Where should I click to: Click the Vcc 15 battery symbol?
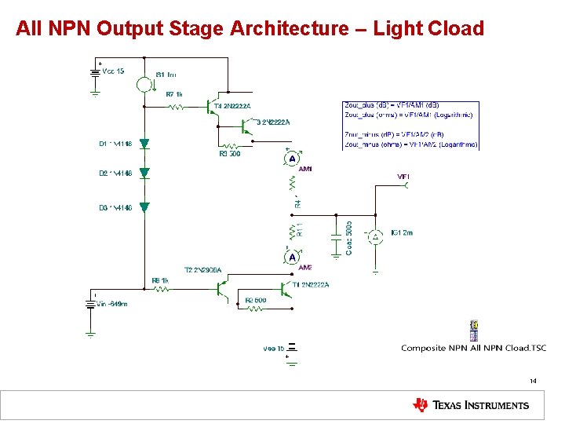(95, 72)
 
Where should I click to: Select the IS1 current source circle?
(144, 84)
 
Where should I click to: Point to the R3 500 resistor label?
(230, 154)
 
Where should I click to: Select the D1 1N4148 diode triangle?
(144, 144)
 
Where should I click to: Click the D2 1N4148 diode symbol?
(144, 173)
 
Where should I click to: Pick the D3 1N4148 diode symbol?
(144, 207)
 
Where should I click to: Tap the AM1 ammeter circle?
(292, 159)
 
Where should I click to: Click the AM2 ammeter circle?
(292, 258)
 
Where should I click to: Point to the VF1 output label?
(404, 177)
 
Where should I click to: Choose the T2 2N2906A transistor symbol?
(221, 290)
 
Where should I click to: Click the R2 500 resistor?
(255, 309)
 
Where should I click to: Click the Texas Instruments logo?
(471, 405)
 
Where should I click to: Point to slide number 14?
(533, 381)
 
